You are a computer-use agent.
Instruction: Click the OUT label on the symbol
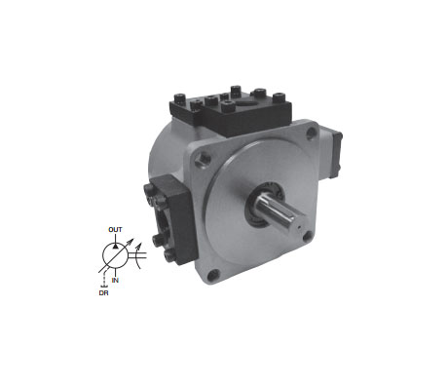(115, 230)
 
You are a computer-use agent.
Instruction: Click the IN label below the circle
(115, 280)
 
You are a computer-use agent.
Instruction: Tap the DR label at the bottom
(103, 293)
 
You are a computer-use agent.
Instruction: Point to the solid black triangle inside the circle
(115, 246)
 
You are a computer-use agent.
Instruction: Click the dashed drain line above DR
(104, 279)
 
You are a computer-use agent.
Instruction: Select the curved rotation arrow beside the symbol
(139, 255)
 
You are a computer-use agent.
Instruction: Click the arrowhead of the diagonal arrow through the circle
(131, 241)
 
